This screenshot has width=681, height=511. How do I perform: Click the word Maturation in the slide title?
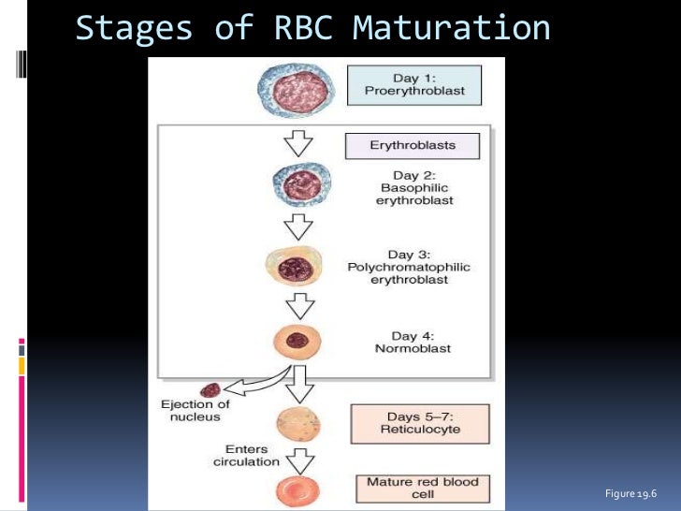coord(451,28)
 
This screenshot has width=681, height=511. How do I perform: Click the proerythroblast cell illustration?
coord(297,91)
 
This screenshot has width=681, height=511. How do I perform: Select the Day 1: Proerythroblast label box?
coord(414,85)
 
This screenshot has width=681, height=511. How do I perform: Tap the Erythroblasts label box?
coord(413,146)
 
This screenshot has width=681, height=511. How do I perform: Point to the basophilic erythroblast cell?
coord(302,184)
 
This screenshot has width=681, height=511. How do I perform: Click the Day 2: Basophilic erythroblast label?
coord(414,188)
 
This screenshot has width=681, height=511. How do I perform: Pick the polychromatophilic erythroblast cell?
coord(295,266)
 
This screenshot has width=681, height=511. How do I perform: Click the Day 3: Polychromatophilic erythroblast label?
coord(409,267)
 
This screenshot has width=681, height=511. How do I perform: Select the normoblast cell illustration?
coord(297,342)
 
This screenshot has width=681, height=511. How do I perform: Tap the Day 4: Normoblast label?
coord(413,342)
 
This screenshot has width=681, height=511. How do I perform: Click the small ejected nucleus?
coord(210,390)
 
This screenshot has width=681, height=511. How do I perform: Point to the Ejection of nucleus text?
coord(195,411)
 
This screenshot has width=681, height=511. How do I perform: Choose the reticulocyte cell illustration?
coord(298,424)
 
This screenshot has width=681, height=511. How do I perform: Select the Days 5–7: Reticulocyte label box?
coord(420,424)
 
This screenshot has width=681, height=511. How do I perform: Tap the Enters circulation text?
coord(246,456)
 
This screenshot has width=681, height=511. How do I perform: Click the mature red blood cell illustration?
coord(297,492)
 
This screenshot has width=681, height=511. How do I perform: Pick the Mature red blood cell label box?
coord(423,489)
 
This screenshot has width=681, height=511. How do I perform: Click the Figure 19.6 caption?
coord(630,493)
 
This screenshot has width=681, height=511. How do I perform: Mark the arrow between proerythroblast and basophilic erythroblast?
coord(298,143)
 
